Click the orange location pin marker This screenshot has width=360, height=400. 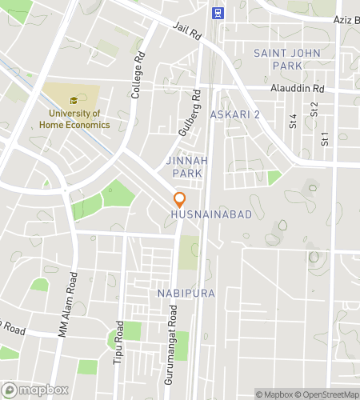(x=179, y=199)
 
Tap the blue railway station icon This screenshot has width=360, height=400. (x=217, y=13)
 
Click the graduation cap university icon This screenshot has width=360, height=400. (x=73, y=101)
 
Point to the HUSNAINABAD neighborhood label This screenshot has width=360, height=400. (x=211, y=215)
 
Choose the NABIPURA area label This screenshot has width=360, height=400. (x=186, y=294)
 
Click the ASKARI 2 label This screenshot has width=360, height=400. (x=234, y=115)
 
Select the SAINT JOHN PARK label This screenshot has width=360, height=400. (x=278, y=58)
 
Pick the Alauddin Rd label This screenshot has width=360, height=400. (x=297, y=89)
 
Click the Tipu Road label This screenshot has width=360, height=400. (x=120, y=342)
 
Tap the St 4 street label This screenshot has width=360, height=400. (x=293, y=121)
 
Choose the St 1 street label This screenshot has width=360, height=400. (x=325, y=138)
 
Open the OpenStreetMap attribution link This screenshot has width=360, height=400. (x=328, y=393)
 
